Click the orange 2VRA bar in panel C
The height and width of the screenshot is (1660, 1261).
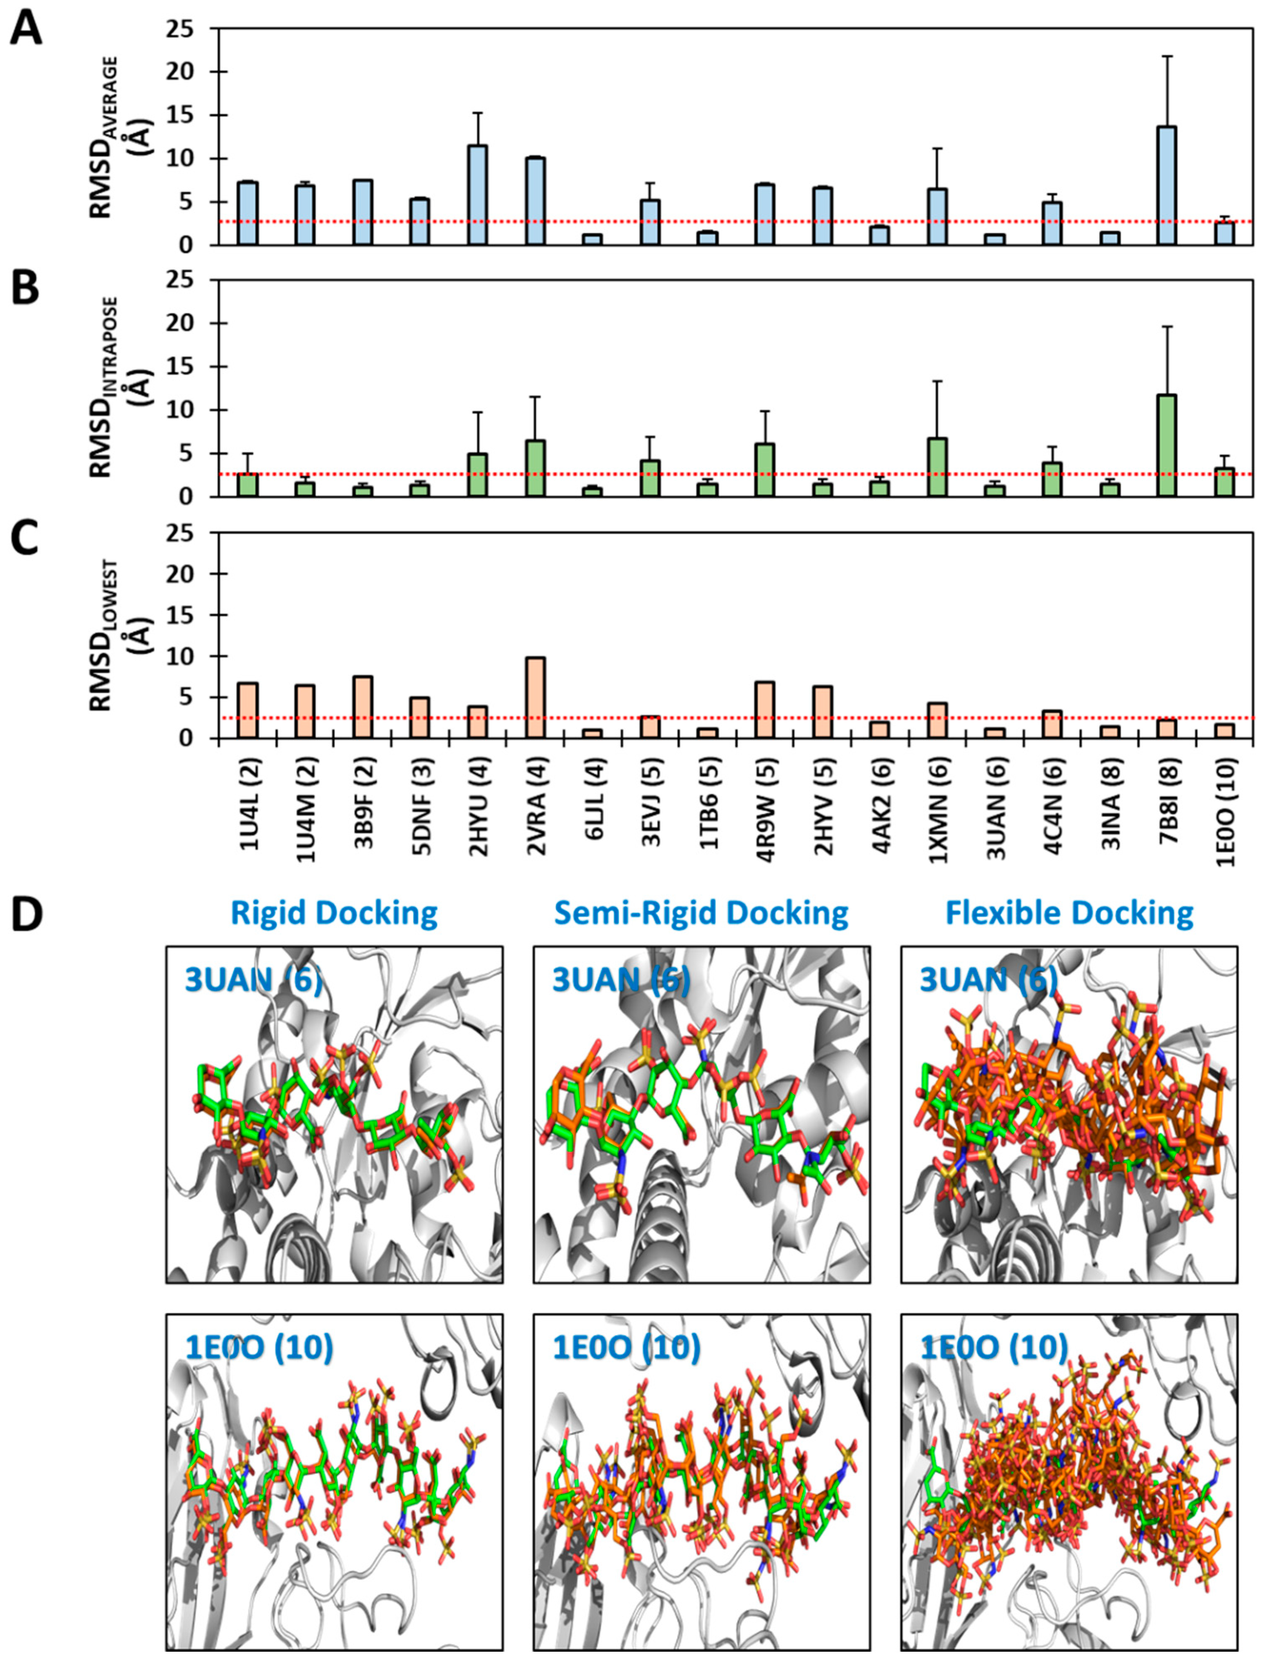pos(535,698)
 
